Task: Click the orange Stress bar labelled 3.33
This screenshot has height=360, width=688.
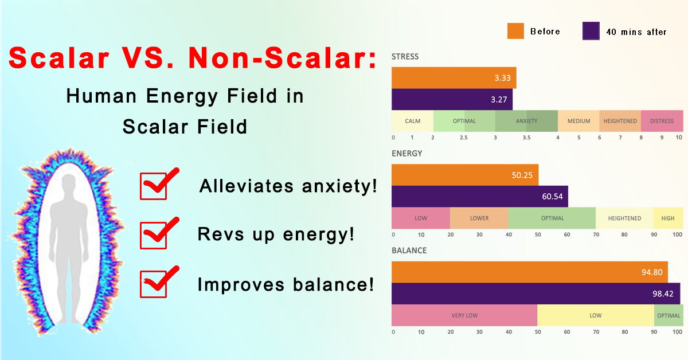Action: pos(454,78)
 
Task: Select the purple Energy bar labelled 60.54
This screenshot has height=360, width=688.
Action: pos(480,196)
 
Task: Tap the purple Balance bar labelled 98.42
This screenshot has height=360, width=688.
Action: pos(535,294)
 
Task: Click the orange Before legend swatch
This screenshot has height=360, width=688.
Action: pos(515,31)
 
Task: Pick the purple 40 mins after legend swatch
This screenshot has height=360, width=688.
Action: pos(591,31)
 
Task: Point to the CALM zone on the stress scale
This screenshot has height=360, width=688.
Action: pos(412,121)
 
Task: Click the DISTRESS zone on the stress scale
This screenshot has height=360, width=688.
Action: pos(662,121)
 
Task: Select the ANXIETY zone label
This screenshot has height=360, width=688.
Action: pos(526,121)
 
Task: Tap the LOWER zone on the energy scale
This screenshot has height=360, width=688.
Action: pos(479,218)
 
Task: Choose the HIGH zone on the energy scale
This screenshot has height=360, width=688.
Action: pos(668,218)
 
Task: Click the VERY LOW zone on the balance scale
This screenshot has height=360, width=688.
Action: pos(464,315)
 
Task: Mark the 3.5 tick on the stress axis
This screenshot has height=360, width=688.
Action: pos(526,138)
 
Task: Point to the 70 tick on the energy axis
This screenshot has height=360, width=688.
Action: pos(596,234)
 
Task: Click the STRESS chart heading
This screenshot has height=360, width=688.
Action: pos(405,57)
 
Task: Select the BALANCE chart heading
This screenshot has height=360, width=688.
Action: pos(409,251)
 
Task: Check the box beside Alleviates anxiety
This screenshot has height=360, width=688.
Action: pos(153,186)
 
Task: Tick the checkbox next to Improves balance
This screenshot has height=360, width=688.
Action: pos(153,284)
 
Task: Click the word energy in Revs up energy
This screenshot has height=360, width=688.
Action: pos(319,235)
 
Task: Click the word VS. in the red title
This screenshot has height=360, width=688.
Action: pos(148,58)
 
